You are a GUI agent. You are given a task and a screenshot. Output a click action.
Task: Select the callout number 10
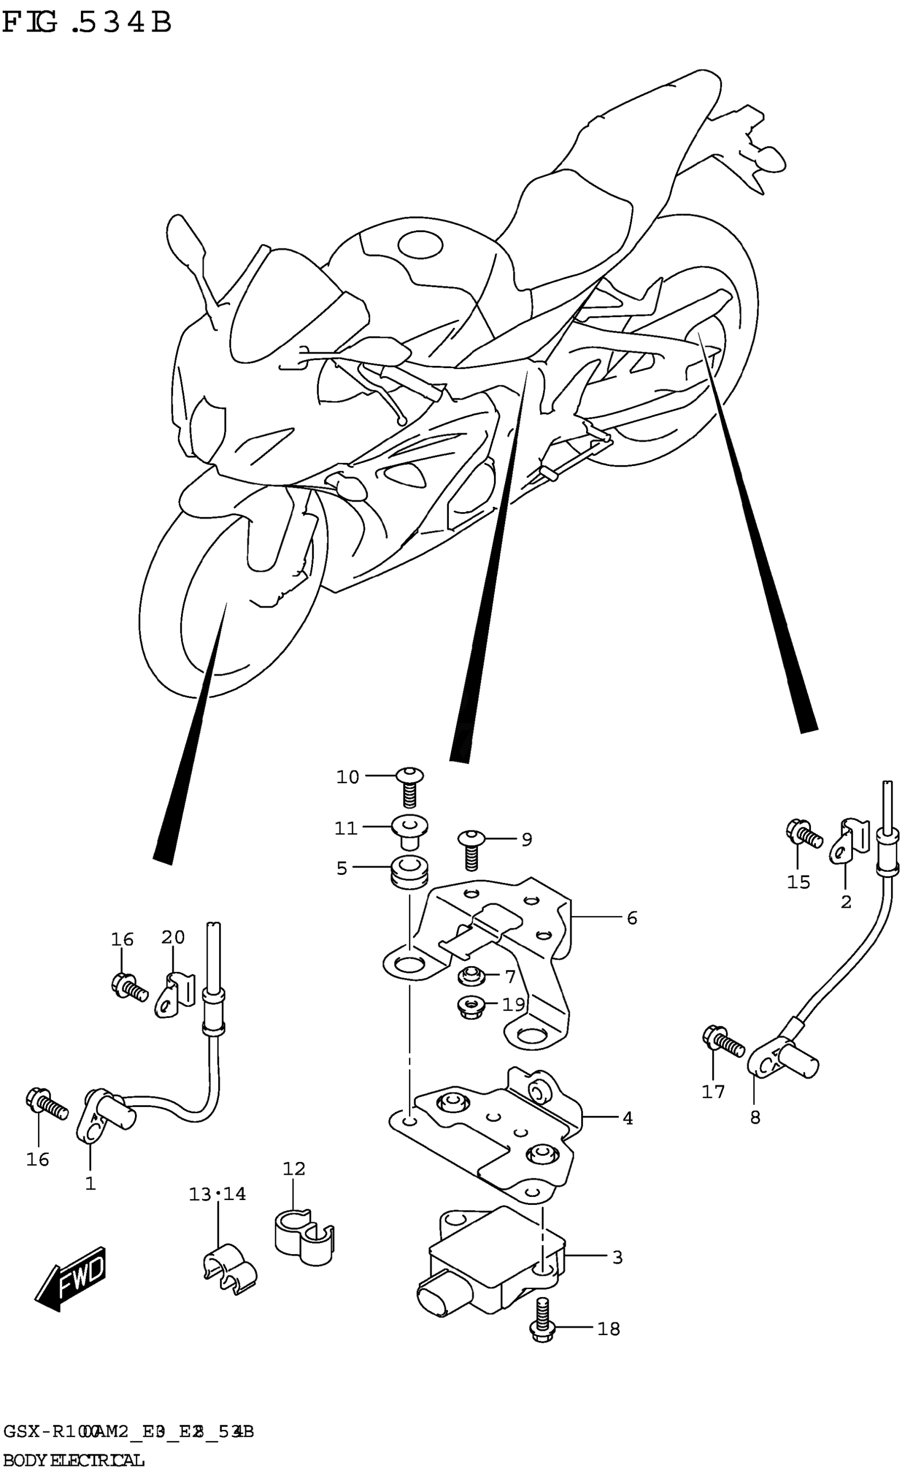click(x=347, y=777)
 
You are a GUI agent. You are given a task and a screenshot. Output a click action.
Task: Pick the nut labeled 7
click(x=471, y=977)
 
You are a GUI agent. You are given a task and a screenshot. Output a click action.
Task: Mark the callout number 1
click(x=91, y=1184)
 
